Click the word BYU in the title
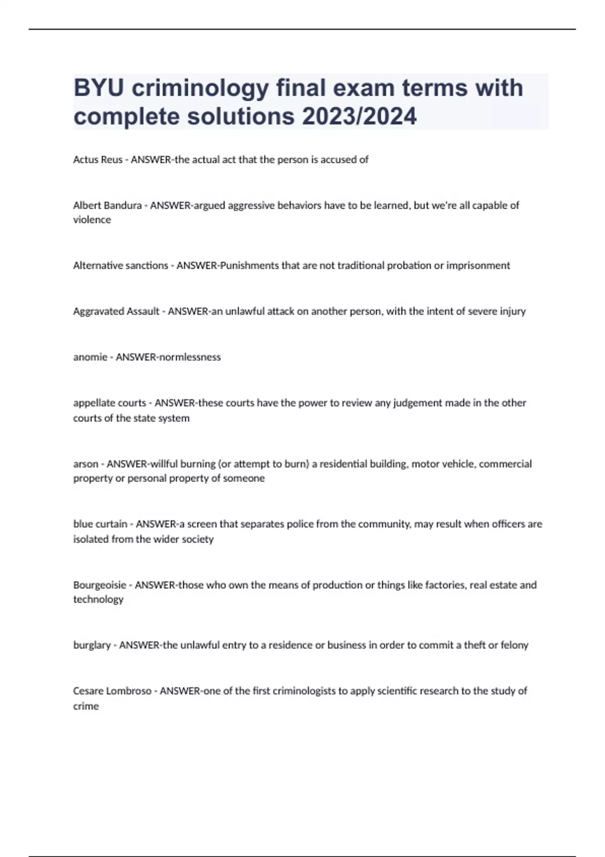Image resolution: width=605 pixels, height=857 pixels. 98,88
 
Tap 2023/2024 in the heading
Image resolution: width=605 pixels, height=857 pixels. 359,116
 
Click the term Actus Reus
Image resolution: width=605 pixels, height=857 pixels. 98,160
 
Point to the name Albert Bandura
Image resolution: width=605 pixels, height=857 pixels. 107,206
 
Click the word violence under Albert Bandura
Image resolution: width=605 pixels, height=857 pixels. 92,220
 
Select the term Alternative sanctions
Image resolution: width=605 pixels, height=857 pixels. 120,266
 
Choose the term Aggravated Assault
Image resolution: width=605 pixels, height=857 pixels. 116,312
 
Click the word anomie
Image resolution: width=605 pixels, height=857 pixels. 90,357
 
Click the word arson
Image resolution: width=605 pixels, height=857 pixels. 86,464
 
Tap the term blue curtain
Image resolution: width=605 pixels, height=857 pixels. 100,524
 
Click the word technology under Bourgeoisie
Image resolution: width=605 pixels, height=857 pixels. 98,600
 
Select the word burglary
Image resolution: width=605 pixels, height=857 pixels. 92,646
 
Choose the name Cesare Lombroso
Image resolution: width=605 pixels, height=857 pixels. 112,691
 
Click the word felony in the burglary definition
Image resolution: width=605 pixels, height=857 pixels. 514,645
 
